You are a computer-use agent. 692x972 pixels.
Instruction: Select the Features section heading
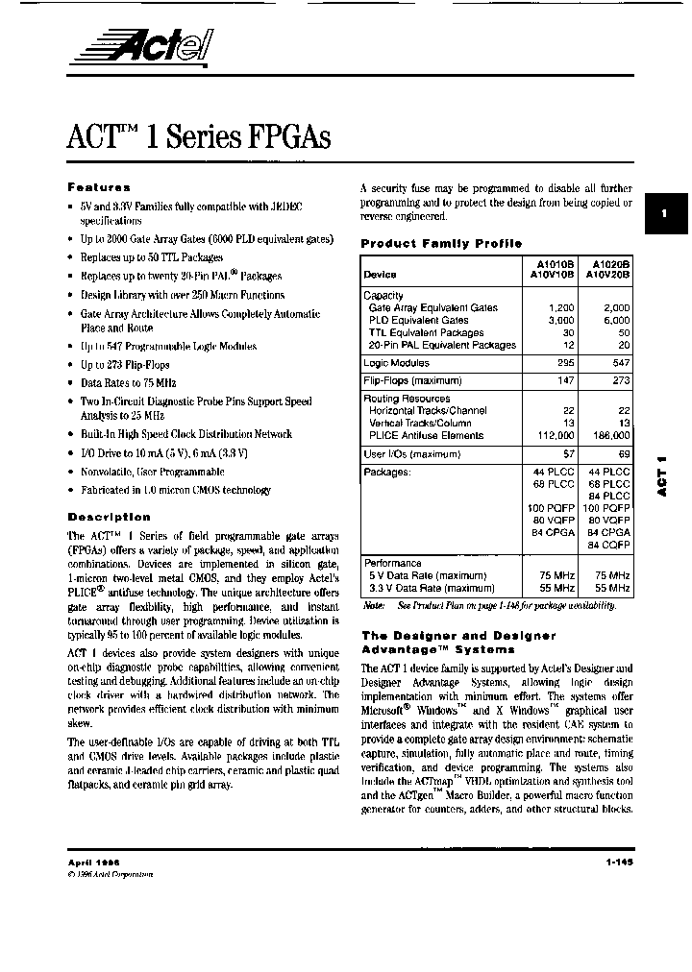click(99, 188)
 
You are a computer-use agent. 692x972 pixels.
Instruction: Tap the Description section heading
click(110, 517)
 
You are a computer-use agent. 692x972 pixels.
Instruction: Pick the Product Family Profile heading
click(441, 244)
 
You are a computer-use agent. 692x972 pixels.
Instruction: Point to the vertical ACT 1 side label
click(662, 475)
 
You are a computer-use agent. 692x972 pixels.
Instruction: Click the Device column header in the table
click(381, 275)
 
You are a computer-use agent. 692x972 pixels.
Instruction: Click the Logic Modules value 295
click(565, 363)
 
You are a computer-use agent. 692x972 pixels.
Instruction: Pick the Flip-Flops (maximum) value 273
click(621, 381)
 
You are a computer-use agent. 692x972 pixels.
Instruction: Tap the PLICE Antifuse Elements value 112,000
click(554, 435)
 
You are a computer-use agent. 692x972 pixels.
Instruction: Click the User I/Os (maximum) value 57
click(568, 453)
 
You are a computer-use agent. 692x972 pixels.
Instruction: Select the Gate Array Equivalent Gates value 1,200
click(559, 308)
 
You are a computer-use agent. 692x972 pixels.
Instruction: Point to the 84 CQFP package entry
click(608, 545)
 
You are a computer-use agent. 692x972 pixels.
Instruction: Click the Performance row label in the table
click(392, 563)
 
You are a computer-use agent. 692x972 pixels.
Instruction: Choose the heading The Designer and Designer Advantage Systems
click(457, 643)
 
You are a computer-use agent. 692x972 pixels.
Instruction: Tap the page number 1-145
click(620, 863)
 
